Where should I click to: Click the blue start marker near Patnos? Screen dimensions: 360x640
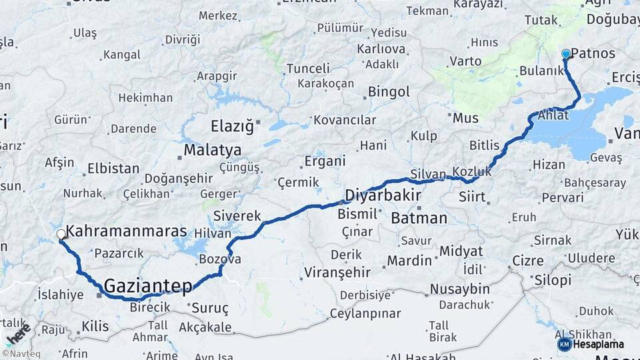pyautogui.click(x=566, y=53)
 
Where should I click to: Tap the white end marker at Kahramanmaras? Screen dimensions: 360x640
pyautogui.click(x=61, y=234)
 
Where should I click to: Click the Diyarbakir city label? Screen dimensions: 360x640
pyautogui.click(x=383, y=195)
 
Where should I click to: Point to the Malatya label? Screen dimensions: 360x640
pyautogui.click(x=213, y=150)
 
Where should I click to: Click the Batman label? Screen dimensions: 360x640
pyautogui.click(x=419, y=218)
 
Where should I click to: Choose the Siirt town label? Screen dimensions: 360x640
pyautogui.click(x=473, y=197)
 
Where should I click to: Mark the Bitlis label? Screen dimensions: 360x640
pyautogui.click(x=484, y=145)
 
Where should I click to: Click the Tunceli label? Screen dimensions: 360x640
pyautogui.click(x=308, y=68)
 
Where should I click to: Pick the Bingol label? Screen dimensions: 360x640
pyautogui.click(x=389, y=91)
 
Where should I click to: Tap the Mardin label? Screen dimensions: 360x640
pyautogui.click(x=410, y=260)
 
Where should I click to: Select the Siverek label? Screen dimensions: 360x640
pyautogui.click(x=237, y=216)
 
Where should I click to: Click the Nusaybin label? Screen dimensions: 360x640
pyautogui.click(x=459, y=289)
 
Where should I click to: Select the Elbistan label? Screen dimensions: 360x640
pyautogui.click(x=113, y=169)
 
